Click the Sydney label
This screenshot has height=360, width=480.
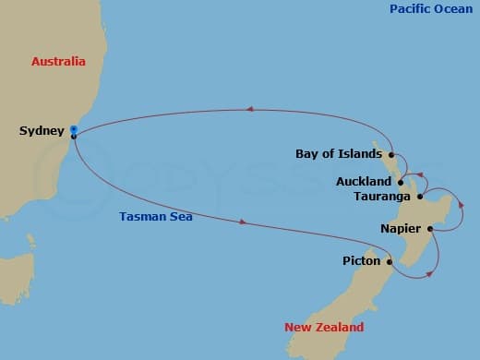pos(42,131)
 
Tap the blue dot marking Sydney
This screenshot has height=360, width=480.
pos(72,129)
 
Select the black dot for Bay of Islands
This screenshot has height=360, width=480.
pos(391,154)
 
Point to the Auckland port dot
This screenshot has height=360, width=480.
pos(400,182)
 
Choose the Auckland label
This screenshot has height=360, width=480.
pos(364,182)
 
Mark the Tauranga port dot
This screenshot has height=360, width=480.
pos(419,197)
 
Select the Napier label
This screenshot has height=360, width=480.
pos(402,228)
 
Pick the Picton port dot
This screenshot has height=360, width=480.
pos(390,262)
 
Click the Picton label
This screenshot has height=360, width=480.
pos(361,262)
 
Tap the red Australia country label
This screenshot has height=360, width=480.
pos(58,62)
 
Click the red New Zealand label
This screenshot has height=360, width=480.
pos(324,328)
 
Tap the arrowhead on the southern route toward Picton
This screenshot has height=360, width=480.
pos(243,222)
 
